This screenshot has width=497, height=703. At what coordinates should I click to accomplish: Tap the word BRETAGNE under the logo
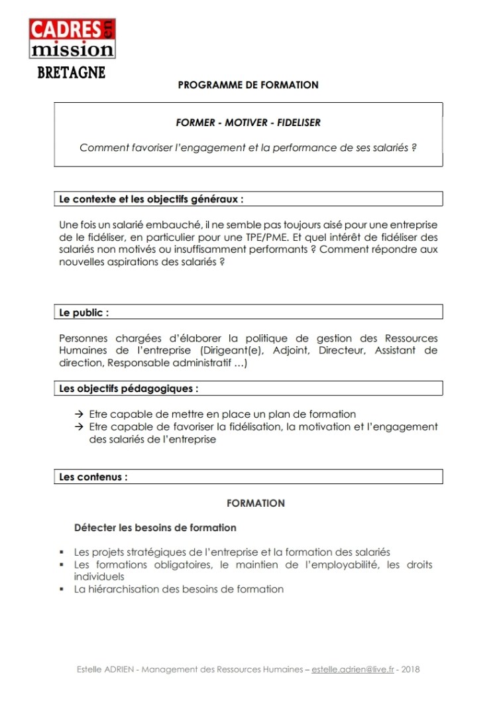[71, 72]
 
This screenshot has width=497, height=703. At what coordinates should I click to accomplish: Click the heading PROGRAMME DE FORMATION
[248, 85]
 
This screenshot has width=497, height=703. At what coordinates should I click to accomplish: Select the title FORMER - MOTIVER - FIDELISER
[248, 123]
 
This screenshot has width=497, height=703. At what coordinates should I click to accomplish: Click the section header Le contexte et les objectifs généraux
[151, 199]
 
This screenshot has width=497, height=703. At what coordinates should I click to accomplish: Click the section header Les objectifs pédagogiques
[129, 389]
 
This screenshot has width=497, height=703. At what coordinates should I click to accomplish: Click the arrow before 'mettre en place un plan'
[79, 414]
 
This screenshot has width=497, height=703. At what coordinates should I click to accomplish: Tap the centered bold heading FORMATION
[255, 503]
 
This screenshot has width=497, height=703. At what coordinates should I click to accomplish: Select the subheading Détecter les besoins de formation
[155, 528]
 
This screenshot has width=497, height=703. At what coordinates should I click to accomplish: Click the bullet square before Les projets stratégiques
[61, 552]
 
